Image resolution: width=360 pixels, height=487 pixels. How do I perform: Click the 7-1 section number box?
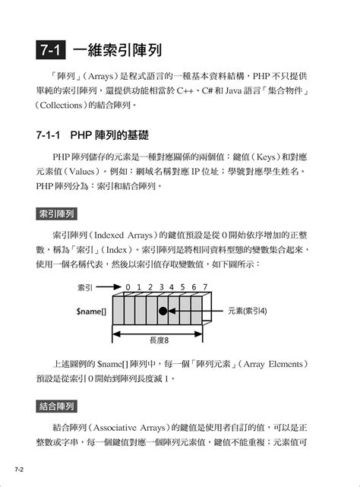(x=52, y=52)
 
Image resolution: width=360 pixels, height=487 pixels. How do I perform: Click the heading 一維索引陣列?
(x=117, y=52)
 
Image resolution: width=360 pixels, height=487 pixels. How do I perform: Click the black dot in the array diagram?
(x=163, y=311)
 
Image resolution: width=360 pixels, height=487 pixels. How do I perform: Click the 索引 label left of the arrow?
(x=87, y=288)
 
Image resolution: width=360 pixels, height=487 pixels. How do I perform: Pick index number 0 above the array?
(x=129, y=287)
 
